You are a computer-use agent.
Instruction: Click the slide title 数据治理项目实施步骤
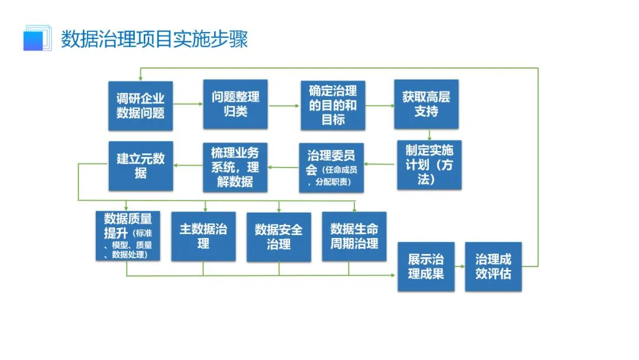pyautogui.click(x=154, y=38)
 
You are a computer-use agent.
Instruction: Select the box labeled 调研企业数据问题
pyautogui.click(x=140, y=105)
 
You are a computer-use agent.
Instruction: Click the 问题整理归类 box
pyautogui.click(x=235, y=104)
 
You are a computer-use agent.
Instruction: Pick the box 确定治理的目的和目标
pyautogui.click(x=333, y=105)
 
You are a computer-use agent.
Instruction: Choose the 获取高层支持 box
pyautogui.click(x=426, y=104)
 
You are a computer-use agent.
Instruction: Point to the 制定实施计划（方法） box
pyautogui.click(x=429, y=165)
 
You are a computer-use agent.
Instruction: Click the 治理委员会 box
pyautogui.click(x=331, y=167)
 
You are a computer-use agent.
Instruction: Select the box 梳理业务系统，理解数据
pyautogui.click(x=235, y=167)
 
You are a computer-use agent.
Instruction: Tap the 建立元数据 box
pyautogui.click(x=140, y=166)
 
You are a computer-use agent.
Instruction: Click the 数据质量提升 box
pyautogui.click(x=127, y=236)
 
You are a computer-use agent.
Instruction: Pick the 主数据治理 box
pyautogui.click(x=203, y=236)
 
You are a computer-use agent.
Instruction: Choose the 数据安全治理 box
pyautogui.click(x=279, y=236)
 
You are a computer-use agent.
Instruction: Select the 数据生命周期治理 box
pyautogui.click(x=354, y=236)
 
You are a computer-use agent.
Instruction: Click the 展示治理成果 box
pyautogui.click(x=426, y=266)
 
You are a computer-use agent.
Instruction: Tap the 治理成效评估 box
pyautogui.click(x=493, y=266)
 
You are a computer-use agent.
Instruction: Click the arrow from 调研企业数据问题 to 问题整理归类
pyautogui.click(x=188, y=105)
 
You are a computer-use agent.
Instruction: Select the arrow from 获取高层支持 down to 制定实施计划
pyautogui.click(x=428, y=134)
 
